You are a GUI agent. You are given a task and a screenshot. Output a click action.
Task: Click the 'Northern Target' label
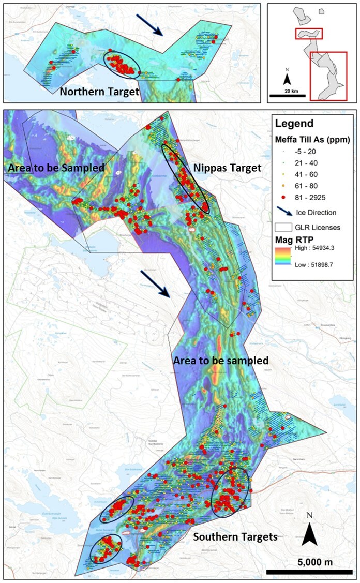(x=99, y=92)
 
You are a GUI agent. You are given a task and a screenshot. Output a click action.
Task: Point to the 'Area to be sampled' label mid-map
(x=221, y=361)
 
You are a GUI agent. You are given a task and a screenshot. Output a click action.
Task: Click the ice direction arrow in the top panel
(x=151, y=24)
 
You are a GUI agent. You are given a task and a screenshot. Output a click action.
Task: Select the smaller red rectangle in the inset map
(x=309, y=34)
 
